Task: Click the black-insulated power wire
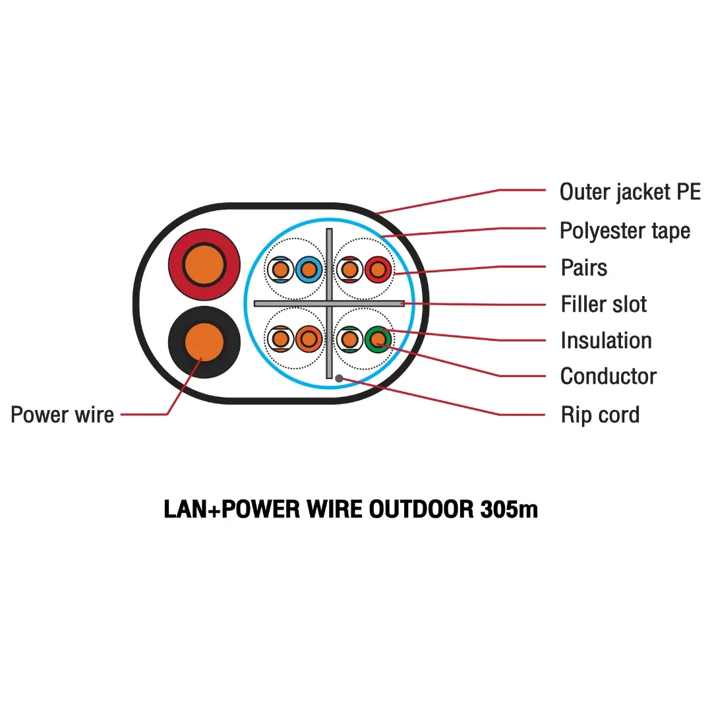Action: coord(204,341)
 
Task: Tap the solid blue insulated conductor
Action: coord(308,269)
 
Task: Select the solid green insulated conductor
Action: coord(377,340)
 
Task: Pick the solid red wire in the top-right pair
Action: coord(377,269)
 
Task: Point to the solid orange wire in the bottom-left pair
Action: coord(308,340)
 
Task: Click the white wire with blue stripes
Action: coord(280,269)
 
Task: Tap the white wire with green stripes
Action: coord(349,340)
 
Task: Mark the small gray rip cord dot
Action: coord(339,378)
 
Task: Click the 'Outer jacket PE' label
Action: coord(630,193)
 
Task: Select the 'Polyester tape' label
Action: coord(624,231)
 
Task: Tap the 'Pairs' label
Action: coord(583,268)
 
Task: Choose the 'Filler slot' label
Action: coord(603,305)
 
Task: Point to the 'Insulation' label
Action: coord(606,341)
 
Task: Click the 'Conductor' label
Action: coord(608,376)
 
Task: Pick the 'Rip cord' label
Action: coord(600,415)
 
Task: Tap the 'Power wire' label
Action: coord(63,415)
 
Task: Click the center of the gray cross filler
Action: coord(329,303)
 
